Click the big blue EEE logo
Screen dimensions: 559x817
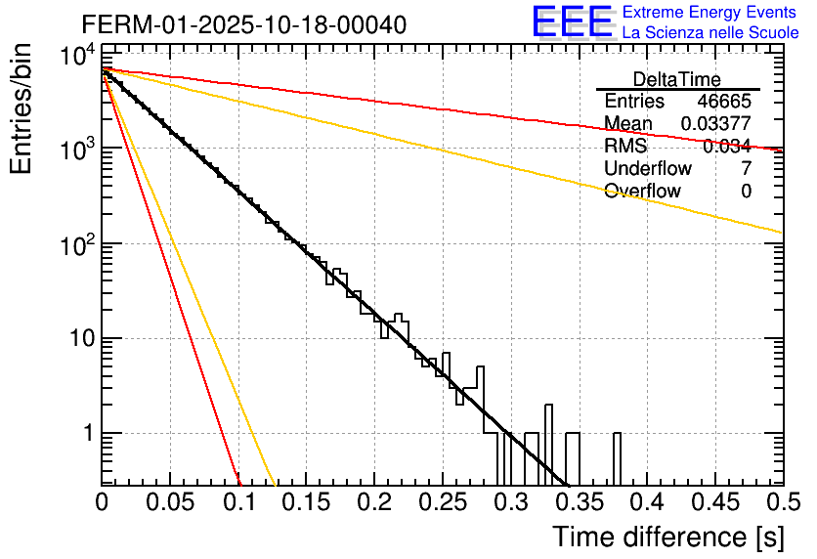572,22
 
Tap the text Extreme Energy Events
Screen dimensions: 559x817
710,13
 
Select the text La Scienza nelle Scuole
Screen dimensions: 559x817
710,32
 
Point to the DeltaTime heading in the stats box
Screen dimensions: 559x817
677,79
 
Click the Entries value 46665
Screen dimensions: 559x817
724,102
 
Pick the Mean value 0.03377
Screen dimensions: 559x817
715,123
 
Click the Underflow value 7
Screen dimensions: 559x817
746,169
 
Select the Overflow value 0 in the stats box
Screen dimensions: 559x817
746,192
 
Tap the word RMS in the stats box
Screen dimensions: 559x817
625,147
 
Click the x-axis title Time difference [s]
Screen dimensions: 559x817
666,537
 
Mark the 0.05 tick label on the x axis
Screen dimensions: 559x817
170,503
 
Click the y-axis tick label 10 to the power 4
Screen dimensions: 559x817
76,56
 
